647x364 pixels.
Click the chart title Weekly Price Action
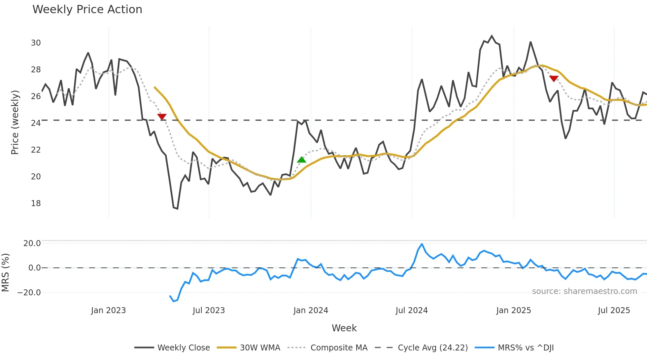[x=87, y=10]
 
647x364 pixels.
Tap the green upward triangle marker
[x=301, y=160]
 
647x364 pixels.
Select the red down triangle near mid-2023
[x=162, y=117]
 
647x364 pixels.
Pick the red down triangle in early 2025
[x=554, y=79]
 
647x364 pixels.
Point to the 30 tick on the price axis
[x=36, y=43]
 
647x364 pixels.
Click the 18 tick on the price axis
[x=36, y=203]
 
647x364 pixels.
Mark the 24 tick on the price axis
[x=36, y=123]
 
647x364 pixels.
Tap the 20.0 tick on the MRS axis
[x=32, y=243]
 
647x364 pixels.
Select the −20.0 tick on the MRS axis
[x=29, y=293]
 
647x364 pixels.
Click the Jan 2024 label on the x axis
[x=311, y=310]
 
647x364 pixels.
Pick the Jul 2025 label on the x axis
[x=614, y=310]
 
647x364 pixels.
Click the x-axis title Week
[x=344, y=328]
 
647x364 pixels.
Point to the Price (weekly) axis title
[x=15, y=122]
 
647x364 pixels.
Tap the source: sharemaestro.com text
[x=584, y=291]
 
